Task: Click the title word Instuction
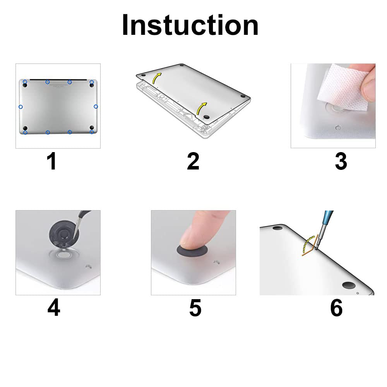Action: pos(190,25)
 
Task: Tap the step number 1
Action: pos(51,161)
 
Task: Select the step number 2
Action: pos(193,161)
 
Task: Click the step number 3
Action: pos(341,161)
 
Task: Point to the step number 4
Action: pos(54,308)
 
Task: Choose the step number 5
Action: pos(195,308)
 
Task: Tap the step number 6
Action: pos(336,308)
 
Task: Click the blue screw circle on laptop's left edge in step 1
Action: pos(21,106)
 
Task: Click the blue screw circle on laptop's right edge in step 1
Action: pos(96,106)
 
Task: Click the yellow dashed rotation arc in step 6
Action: pos(308,244)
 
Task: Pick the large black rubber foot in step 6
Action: pos(349,286)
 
